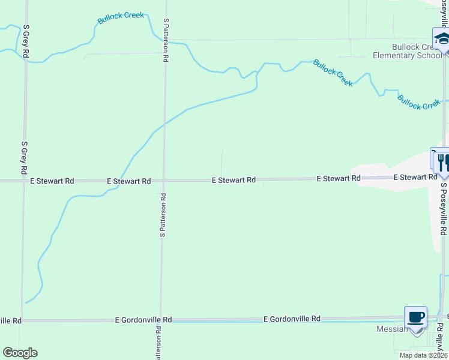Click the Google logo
[20, 353]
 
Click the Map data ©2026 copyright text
[423, 355]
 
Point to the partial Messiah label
[392, 329]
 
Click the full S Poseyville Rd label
[444, 209]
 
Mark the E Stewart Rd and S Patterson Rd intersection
[163, 180]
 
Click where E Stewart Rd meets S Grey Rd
[24, 180]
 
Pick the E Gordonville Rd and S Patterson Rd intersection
[160, 320]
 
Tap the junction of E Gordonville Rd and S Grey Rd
[22, 320]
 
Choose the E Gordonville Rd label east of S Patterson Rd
[292, 319]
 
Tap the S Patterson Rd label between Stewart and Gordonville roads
[162, 215]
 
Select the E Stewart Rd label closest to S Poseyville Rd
[415, 177]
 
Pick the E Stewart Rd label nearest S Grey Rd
[52, 181]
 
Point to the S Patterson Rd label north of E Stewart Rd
[166, 40]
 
